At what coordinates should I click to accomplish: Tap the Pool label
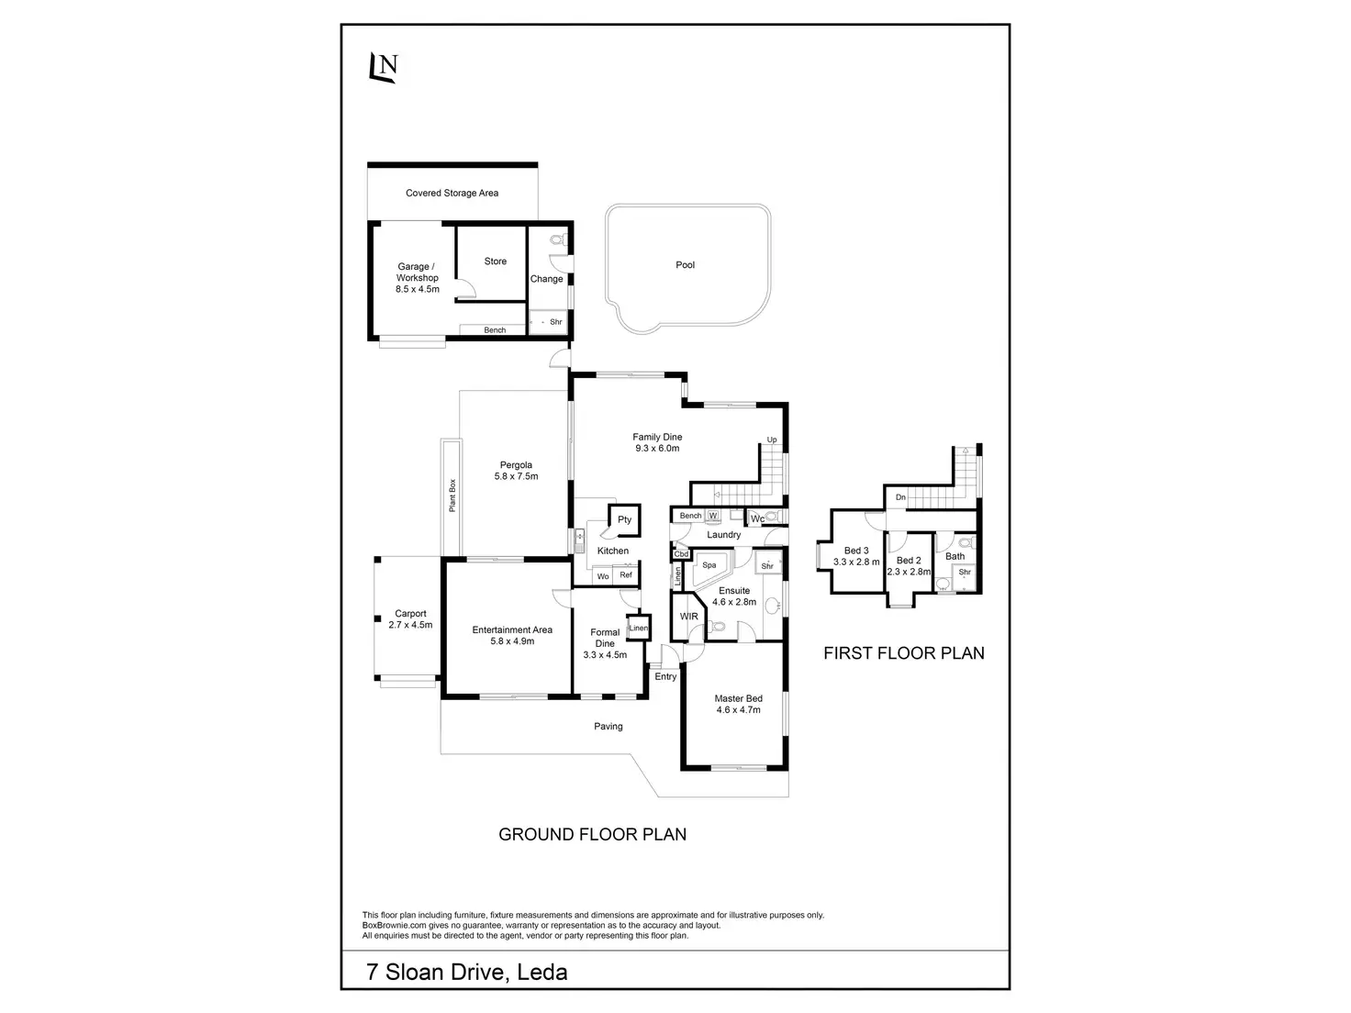point(685,265)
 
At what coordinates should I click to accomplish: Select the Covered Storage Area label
point(452,194)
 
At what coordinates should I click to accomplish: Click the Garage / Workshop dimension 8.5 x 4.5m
point(418,289)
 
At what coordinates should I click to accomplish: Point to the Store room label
point(495,262)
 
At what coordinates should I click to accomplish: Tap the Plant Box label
point(452,496)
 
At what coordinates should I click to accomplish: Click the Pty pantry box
point(624,519)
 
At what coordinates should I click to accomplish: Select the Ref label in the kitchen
point(626,575)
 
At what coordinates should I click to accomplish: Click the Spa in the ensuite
point(709,565)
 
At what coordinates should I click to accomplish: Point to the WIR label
point(689,616)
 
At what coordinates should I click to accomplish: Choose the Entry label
point(665,677)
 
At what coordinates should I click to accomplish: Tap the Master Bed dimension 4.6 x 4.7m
point(738,709)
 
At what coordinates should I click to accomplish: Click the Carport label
point(410,614)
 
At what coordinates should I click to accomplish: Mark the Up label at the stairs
point(772,440)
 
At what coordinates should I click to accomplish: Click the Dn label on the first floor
point(900,497)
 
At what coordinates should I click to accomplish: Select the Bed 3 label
point(855,551)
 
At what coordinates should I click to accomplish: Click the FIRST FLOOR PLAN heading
point(903,653)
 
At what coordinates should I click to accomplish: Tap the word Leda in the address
point(542,973)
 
